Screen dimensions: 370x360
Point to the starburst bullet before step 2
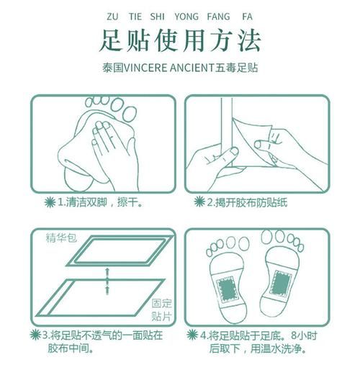tap(197, 202)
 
